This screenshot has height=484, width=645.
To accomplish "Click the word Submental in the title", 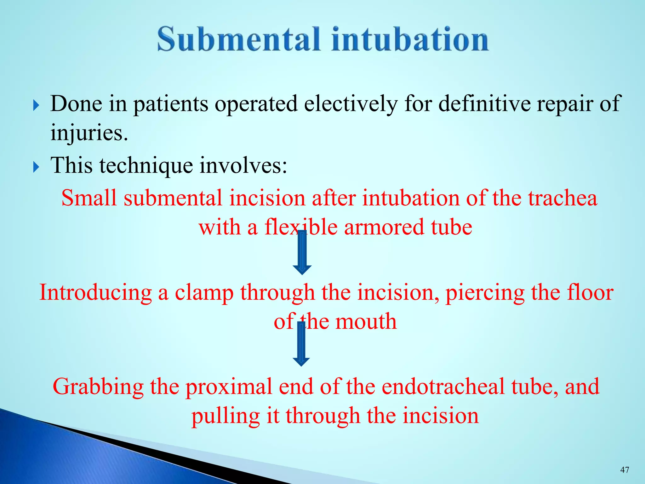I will pyautogui.click(x=238, y=39).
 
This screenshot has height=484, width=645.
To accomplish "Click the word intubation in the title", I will pyautogui.click(x=410, y=39).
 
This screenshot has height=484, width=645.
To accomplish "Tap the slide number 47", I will pyautogui.click(x=625, y=470).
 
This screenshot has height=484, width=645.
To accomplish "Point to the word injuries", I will pyautogui.click(x=89, y=133).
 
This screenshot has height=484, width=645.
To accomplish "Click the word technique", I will pyautogui.click(x=146, y=165).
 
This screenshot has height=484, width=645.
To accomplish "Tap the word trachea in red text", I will pyautogui.click(x=562, y=198).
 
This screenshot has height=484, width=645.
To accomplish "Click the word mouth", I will pyautogui.click(x=366, y=321).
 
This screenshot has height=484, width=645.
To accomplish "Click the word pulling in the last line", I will pyautogui.click(x=225, y=416).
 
